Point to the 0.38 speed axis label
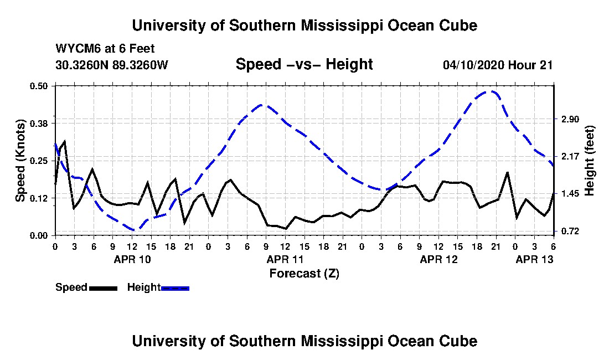38,124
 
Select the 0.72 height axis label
570,232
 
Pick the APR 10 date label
132,259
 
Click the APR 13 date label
534,259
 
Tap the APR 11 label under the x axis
285,259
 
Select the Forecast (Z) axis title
304,274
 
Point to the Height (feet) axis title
589,161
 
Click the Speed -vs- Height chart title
304,64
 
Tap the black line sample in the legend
103,288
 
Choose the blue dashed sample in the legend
175,288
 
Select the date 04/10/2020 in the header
474,64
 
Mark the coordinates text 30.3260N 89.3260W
112,64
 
